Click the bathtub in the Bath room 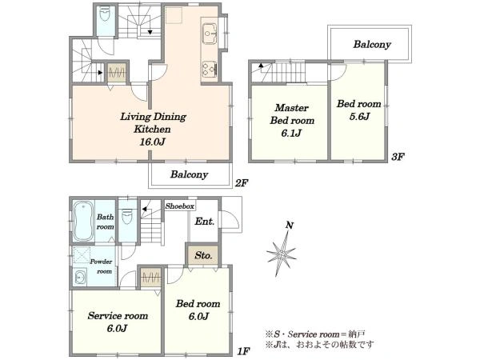[83, 222]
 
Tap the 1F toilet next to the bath [126, 217]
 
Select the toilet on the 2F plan [105, 14]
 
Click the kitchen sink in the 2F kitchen [210, 34]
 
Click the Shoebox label [180, 206]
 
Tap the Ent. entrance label [205, 221]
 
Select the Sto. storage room [203, 254]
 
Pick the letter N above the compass [290, 226]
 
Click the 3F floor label [398, 157]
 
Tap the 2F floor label [241, 183]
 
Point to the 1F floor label [244, 351]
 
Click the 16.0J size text [152, 142]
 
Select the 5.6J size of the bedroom [359, 116]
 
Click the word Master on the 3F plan [291, 108]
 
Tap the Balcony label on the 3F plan [372, 44]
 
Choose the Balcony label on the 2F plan [189, 174]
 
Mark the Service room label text [118, 316]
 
